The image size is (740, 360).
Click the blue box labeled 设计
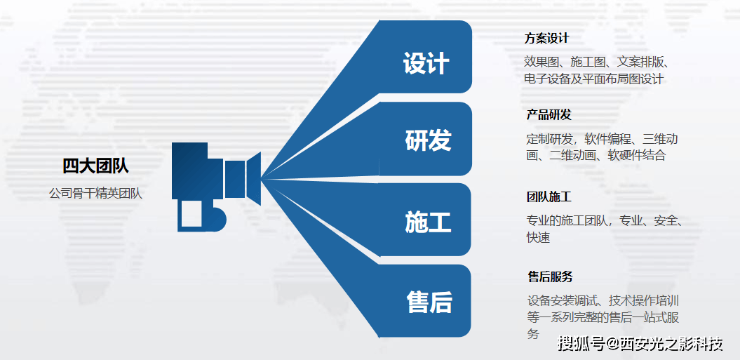[x=426, y=63]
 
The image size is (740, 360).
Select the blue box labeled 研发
[x=428, y=140]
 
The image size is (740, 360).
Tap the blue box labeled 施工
[x=428, y=222]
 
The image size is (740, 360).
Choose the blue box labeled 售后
[x=429, y=302]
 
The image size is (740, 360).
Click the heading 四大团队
[x=95, y=166]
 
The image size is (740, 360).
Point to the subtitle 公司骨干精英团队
[x=95, y=193]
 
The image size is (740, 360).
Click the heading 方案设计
[x=546, y=39]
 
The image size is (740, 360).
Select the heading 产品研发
[x=549, y=115]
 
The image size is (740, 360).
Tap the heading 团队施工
[x=549, y=197]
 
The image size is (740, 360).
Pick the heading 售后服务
[x=551, y=276]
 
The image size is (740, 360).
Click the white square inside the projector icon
[x=191, y=214]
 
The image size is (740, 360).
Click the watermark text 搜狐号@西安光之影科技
[x=640, y=344]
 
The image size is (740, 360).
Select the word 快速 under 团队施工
[x=538, y=238]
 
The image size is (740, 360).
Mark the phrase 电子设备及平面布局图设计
[x=593, y=79]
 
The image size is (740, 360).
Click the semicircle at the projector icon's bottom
[x=218, y=219]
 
